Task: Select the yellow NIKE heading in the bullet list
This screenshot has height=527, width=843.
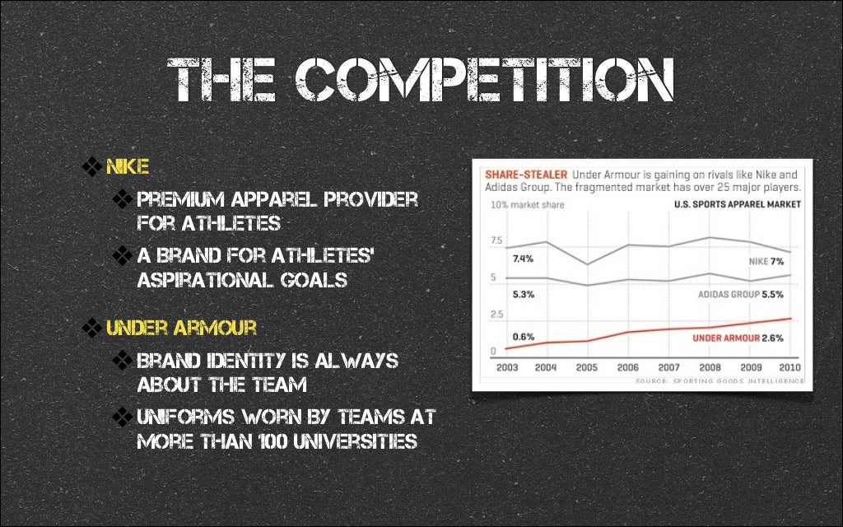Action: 127,168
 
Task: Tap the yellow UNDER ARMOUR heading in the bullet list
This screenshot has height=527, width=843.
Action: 181,328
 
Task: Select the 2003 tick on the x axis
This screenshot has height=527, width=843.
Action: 507,367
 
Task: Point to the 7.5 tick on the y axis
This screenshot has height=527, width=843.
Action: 496,240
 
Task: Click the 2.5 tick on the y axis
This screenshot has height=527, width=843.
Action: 496,315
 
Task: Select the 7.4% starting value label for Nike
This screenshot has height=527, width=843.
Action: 523,259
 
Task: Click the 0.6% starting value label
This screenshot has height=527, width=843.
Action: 524,337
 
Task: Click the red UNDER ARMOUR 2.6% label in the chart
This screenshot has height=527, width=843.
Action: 738,338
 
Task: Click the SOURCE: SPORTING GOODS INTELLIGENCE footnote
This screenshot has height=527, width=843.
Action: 720,381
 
